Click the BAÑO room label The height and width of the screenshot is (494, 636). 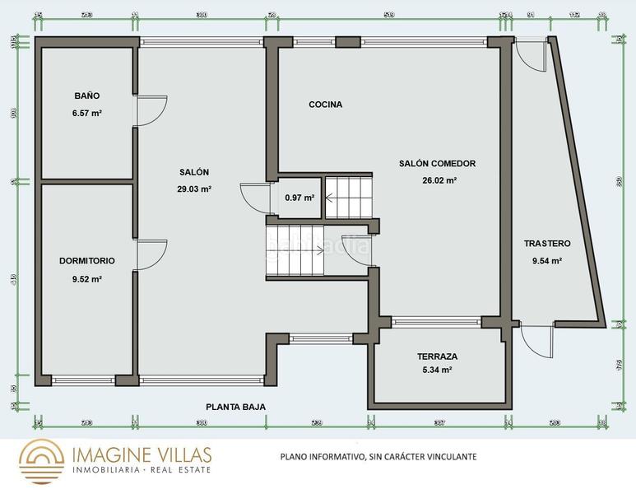click(x=86, y=96)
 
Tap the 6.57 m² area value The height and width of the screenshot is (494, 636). click(x=86, y=113)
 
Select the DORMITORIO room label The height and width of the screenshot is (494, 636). click(x=86, y=261)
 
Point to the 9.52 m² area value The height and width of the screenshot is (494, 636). click(x=86, y=279)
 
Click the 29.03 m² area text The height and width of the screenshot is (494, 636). click(x=194, y=189)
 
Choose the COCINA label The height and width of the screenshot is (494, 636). click(x=325, y=105)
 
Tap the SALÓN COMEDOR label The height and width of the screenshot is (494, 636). click(x=437, y=163)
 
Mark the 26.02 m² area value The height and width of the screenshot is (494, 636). click(x=439, y=180)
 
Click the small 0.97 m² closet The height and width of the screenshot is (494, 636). click(x=299, y=198)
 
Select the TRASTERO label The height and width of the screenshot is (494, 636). click(x=547, y=244)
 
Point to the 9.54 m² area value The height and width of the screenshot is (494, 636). click(x=546, y=261)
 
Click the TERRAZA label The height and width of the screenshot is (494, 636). click(x=437, y=357)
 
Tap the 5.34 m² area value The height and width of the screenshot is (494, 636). click(x=437, y=370)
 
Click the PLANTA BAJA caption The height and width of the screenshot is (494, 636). click(x=235, y=407)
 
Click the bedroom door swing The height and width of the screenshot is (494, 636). click(x=151, y=255)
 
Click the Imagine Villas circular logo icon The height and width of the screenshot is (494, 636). click(x=41, y=460)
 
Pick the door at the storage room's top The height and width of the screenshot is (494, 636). click(x=531, y=57)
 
